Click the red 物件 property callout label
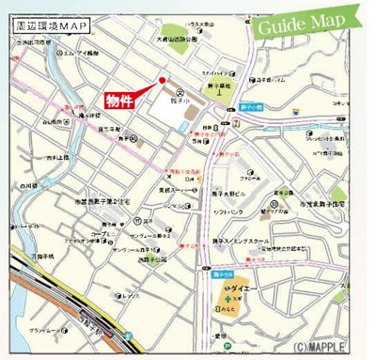point(119,100)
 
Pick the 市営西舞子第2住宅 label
point(107,200)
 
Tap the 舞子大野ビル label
point(231,193)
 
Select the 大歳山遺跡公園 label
point(177,39)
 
